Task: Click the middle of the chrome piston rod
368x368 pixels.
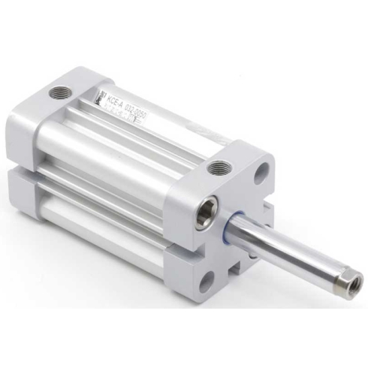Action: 289,253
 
